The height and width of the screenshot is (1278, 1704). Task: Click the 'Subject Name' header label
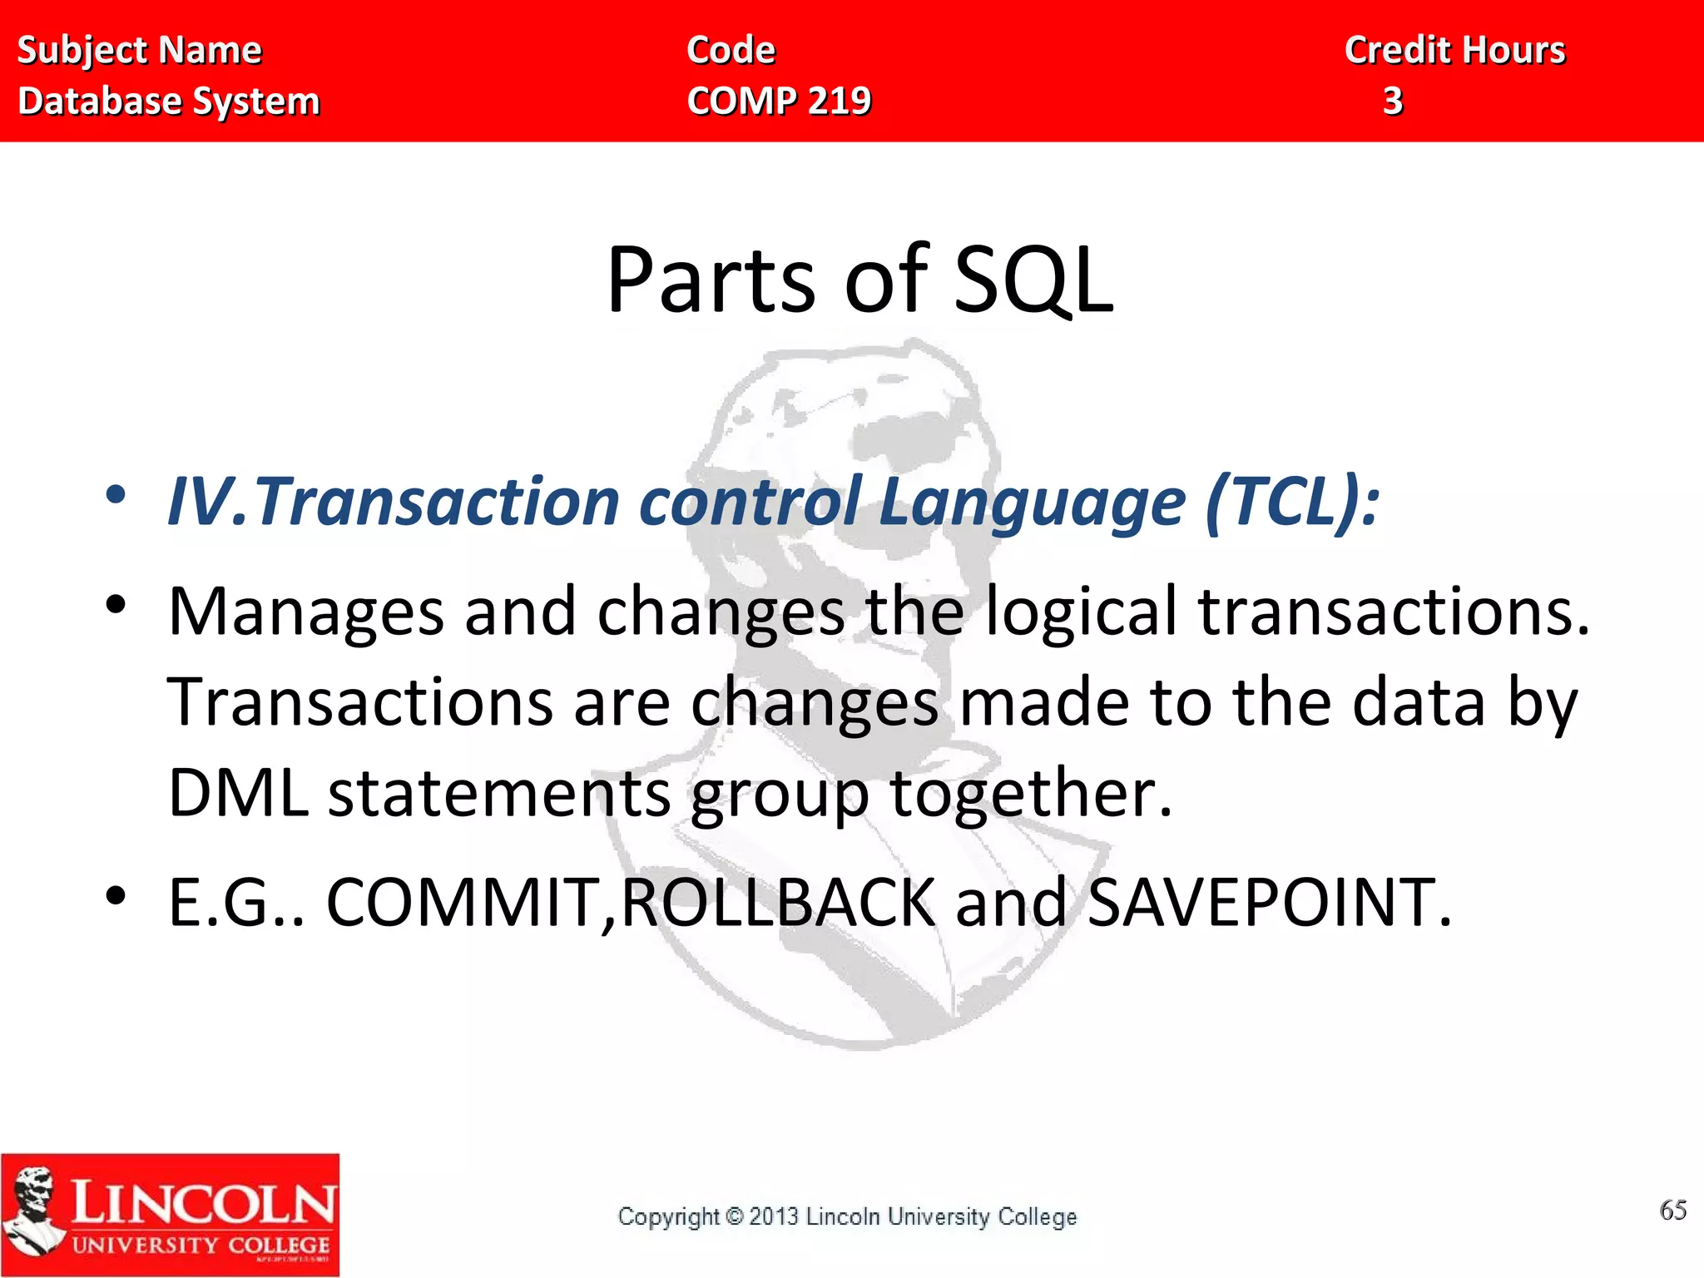[x=139, y=51]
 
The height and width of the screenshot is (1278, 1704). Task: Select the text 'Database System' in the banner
[x=169, y=102]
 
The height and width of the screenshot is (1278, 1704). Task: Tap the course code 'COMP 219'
[x=779, y=102]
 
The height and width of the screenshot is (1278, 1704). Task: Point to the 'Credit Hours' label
[x=1454, y=51]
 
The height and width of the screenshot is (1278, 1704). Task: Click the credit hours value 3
[x=1393, y=102]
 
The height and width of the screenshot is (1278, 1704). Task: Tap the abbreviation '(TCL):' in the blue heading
[x=1292, y=502]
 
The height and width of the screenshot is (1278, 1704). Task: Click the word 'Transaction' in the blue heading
[x=438, y=502]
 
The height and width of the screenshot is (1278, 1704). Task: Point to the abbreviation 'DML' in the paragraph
[x=238, y=793]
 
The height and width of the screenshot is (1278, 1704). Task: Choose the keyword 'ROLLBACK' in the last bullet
[x=779, y=903]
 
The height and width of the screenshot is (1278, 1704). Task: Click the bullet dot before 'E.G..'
[x=116, y=896]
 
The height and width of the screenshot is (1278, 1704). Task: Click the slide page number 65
[x=1672, y=1210]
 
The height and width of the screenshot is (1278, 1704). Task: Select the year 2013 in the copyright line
[x=774, y=1217]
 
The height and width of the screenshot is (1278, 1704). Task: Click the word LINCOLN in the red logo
[x=203, y=1203]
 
